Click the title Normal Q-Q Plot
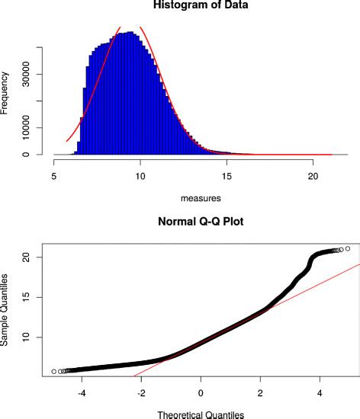pyautogui.click(x=201, y=225)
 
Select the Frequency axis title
pyautogui.click(x=6, y=91)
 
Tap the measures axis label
pyautogui.click(x=201, y=198)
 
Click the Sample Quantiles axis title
pyautogui.click(x=6, y=311)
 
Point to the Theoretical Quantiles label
pyautogui.click(x=201, y=414)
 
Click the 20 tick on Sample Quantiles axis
pyautogui.click(x=27, y=257)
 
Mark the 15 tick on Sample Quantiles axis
pyautogui.click(x=27, y=297)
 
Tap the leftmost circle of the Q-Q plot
pyautogui.click(x=53, y=371)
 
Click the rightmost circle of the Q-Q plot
pyautogui.click(x=348, y=248)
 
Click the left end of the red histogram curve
pyautogui.click(x=67, y=141)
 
